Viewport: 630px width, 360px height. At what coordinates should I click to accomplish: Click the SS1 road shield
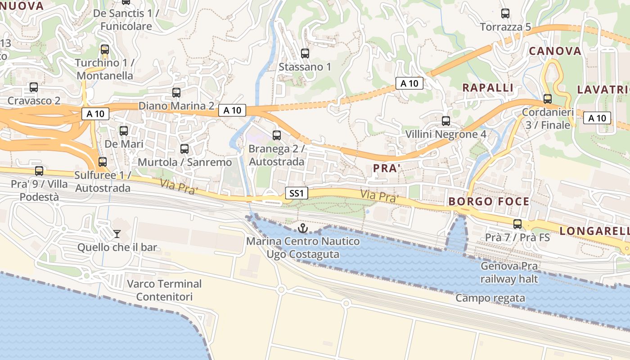coord(297,193)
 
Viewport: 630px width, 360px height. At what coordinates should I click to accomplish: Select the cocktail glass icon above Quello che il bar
coord(117,234)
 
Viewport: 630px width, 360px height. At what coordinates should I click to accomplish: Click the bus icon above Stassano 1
coord(305,54)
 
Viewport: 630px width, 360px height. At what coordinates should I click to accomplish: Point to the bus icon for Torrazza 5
coord(505,13)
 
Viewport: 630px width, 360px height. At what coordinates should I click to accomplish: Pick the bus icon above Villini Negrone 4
coord(446,121)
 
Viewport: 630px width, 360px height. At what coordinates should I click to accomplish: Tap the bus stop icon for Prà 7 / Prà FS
coord(517,224)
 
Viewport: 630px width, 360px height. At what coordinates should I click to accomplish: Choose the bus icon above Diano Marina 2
coord(176,93)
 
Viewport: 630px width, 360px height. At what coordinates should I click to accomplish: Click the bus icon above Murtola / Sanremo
coord(184,149)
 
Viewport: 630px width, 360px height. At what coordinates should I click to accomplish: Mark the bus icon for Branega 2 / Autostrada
coord(277,135)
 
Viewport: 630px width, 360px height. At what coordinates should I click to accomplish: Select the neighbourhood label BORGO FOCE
coord(489,201)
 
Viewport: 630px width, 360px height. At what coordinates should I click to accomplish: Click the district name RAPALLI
coord(488,88)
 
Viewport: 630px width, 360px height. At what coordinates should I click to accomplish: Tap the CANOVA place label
coord(555,51)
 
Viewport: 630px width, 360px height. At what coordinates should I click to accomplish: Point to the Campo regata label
coord(490,298)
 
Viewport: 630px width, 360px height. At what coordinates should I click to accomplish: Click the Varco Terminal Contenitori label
coord(164,290)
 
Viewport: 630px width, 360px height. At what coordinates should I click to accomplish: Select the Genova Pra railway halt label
coord(509,272)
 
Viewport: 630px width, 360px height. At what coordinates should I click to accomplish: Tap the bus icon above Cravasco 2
coord(34,87)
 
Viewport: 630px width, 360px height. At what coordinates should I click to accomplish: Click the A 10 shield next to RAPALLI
coord(409,83)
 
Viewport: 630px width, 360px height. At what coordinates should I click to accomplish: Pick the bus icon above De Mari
coord(124,131)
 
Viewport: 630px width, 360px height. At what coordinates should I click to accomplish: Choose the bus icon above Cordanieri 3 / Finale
coord(548,99)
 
